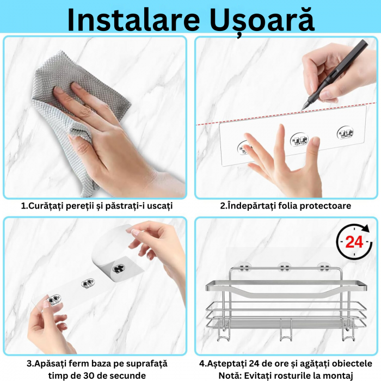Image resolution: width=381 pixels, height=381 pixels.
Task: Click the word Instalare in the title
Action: coord(133,20)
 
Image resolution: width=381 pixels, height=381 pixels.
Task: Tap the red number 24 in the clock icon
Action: coord(354,242)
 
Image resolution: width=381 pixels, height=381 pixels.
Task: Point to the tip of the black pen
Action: coord(302,110)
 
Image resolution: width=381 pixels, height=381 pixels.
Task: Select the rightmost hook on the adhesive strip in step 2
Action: coord(345,133)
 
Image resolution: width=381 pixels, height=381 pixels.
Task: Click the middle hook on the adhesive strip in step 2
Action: coord(299,139)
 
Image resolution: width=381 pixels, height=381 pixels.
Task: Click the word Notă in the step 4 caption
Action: coord(230,376)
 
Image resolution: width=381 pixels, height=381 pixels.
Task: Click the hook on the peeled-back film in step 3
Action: coord(119,269)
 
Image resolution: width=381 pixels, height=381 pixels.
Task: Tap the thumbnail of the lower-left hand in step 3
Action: coord(46,304)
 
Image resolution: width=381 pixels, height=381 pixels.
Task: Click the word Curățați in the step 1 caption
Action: coord(43,206)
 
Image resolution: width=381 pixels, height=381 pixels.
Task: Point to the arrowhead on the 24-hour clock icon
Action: coord(365,229)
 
